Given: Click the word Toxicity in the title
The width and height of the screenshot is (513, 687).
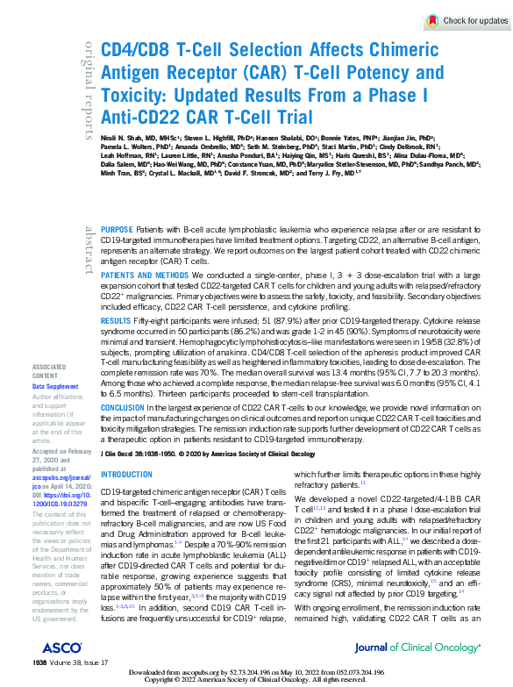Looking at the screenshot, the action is click(x=132, y=93).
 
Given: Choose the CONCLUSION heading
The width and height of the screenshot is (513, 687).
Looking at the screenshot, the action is click(x=122, y=408).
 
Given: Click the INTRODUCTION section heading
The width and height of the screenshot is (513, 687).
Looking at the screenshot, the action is click(x=126, y=475).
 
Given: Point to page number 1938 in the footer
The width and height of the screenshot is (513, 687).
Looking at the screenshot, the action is click(x=39, y=661).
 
